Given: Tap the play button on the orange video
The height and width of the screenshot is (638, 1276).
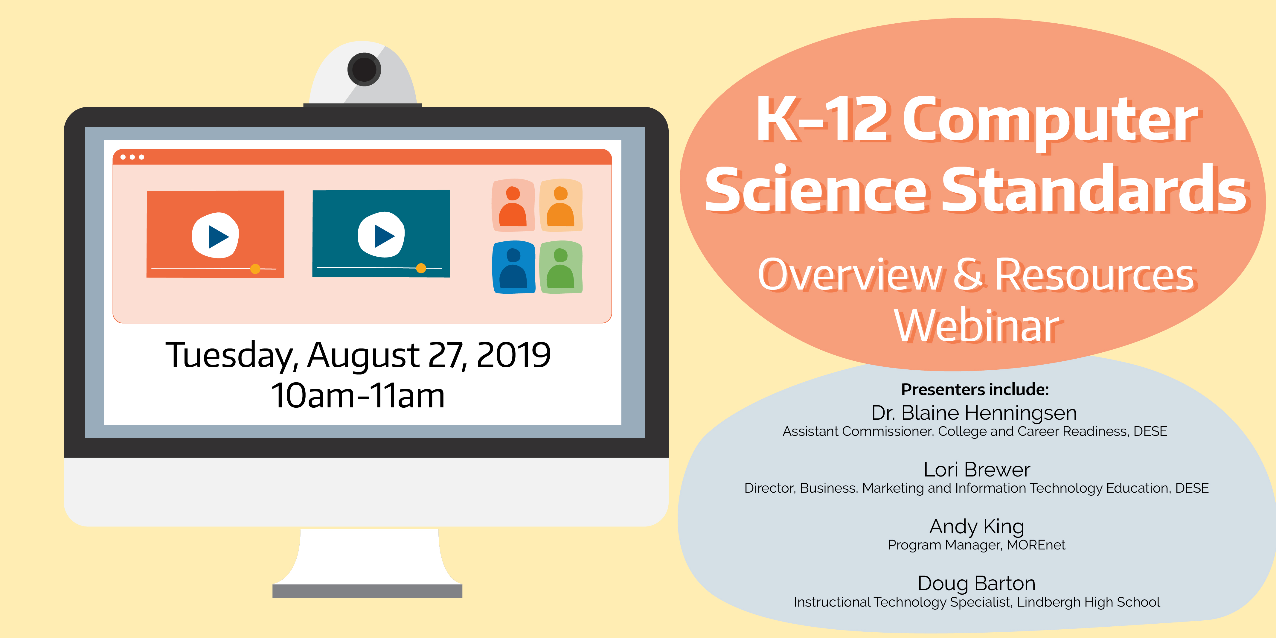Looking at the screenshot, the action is pyautogui.click(x=216, y=235).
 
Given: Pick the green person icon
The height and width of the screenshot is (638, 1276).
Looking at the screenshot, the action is pyautogui.click(x=561, y=267).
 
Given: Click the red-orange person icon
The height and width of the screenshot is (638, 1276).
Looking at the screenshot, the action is pyautogui.click(x=513, y=205).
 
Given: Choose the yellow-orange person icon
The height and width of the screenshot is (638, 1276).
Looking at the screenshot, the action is pyautogui.click(x=561, y=205).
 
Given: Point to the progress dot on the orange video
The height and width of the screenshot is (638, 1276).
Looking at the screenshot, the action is pyautogui.click(x=255, y=269).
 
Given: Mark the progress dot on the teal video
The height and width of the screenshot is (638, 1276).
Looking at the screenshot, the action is pyautogui.click(x=421, y=268).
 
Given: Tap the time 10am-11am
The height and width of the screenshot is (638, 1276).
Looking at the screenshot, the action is pyautogui.click(x=358, y=395).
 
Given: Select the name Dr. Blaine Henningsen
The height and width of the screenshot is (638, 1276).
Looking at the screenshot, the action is pyautogui.click(x=974, y=412).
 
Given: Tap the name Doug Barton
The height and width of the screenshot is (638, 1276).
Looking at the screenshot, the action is pyautogui.click(x=976, y=584).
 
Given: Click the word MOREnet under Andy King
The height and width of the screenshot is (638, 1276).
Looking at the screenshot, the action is pyautogui.click(x=1036, y=545).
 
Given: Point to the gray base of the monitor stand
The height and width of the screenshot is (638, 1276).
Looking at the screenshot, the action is pyautogui.click(x=367, y=591).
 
